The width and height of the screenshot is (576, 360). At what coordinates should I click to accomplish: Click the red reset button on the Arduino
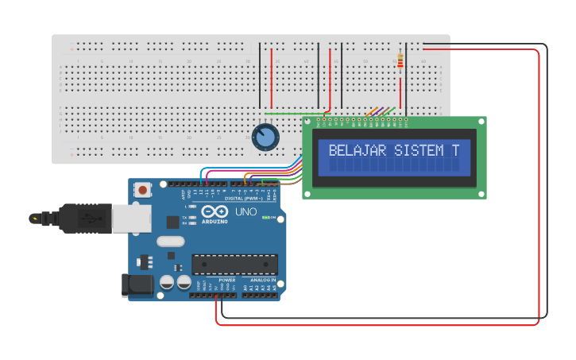[x=143, y=189]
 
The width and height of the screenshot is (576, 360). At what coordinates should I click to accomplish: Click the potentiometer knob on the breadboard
[x=265, y=137]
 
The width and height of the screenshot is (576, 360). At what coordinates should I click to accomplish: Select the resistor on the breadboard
[x=400, y=60]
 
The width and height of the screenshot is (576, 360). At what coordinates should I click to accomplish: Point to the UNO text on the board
[x=245, y=212]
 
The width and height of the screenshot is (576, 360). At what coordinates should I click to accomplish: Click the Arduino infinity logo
[x=214, y=212]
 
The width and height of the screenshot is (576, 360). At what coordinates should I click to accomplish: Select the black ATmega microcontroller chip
[x=234, y=264]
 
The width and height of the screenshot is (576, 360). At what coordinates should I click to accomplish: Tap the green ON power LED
[x=271, y=218]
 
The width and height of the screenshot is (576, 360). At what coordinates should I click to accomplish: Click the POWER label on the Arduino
[x=227, y=280]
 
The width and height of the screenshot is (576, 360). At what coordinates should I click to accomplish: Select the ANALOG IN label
[x=263, y=280]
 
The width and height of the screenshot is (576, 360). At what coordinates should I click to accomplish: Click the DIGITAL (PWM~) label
[x=245, y=198]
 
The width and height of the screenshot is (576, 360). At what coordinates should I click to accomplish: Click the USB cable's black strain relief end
[x=37, y=218]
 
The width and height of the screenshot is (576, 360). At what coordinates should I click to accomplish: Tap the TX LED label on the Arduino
[x=185, y=217]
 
